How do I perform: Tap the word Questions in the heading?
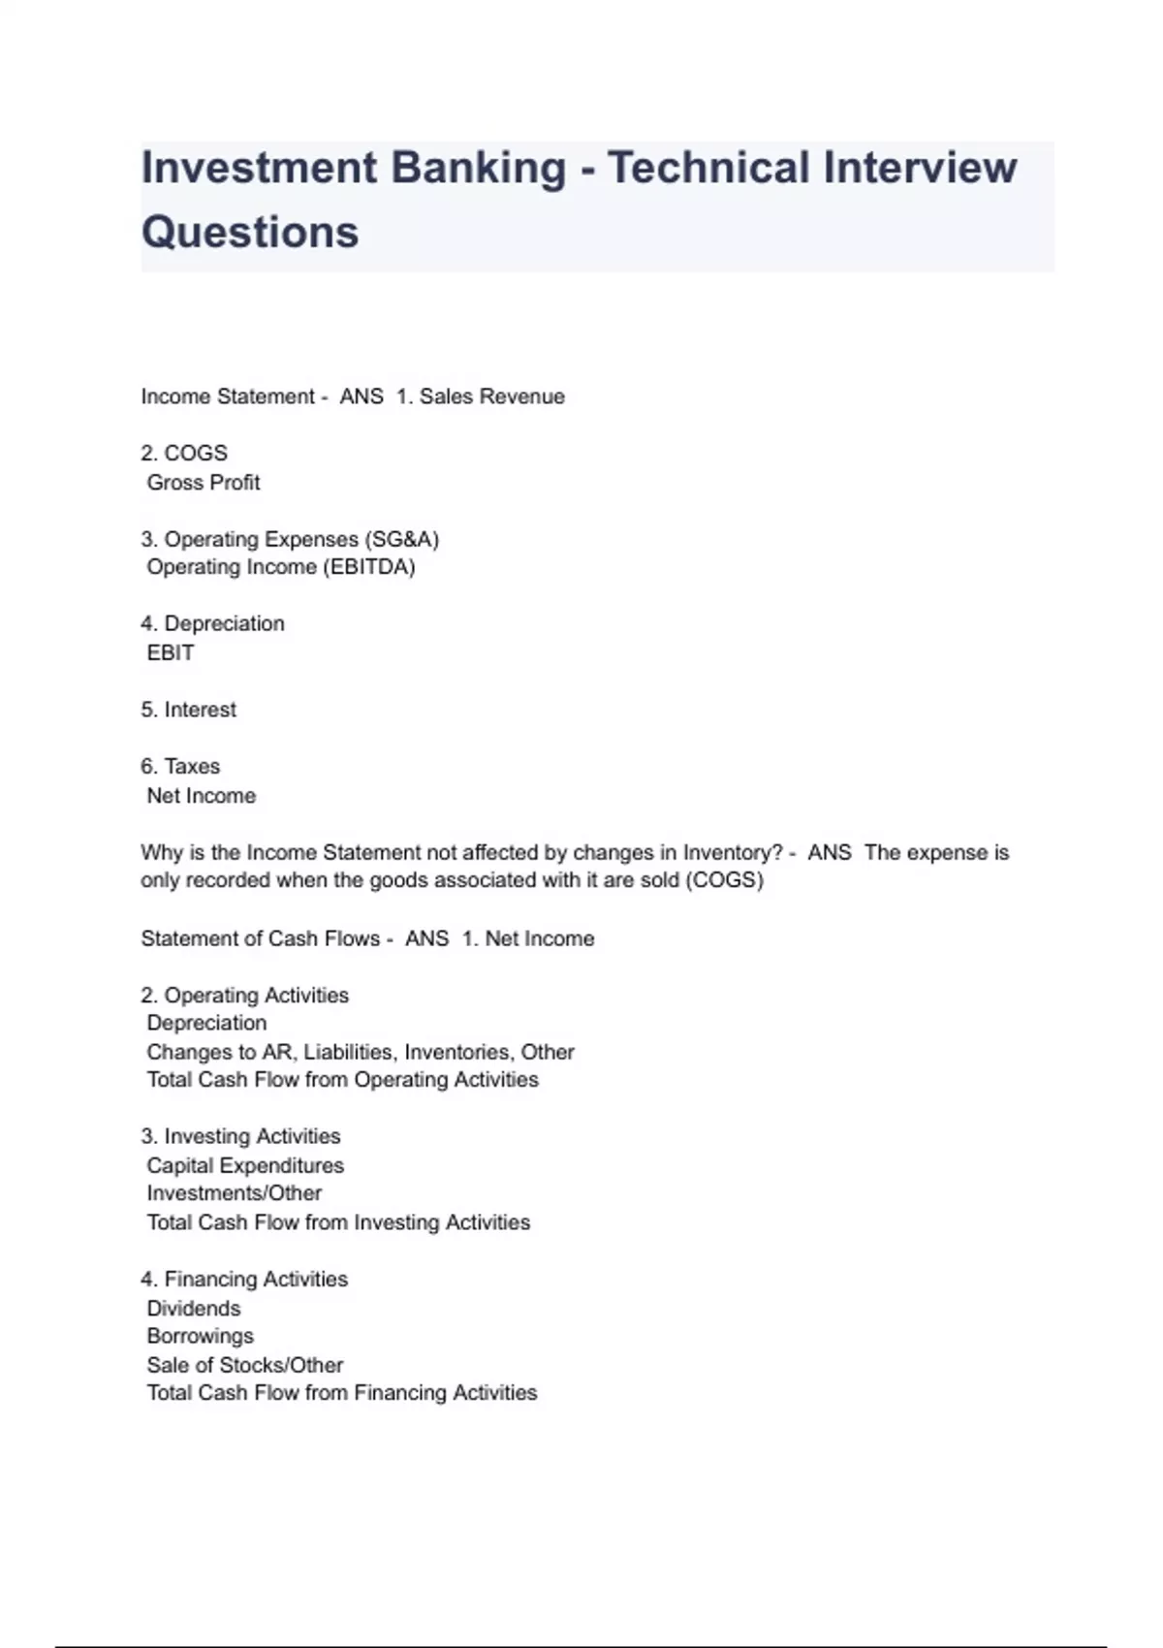coord(250,233)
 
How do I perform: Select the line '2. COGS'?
coord(184,453)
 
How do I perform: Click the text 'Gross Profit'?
coord(204,482)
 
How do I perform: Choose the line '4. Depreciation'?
coord(212,623)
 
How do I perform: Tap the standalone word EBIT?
coord(171,652)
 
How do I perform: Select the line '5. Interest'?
coord(188,710)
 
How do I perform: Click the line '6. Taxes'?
coord(180,766)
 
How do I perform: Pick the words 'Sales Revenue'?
coord(491,396)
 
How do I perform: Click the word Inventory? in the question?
coord(733,852)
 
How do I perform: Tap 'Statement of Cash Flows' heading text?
coord(260,938)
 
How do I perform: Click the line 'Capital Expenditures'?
coord(245,1165)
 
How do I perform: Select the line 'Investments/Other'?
coord(235,1193)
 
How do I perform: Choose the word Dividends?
coord(194,1308)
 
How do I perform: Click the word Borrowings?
coord(201,1336)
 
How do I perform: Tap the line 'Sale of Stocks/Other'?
coord(245,1365)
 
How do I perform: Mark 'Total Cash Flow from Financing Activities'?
coord(342,1393)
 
